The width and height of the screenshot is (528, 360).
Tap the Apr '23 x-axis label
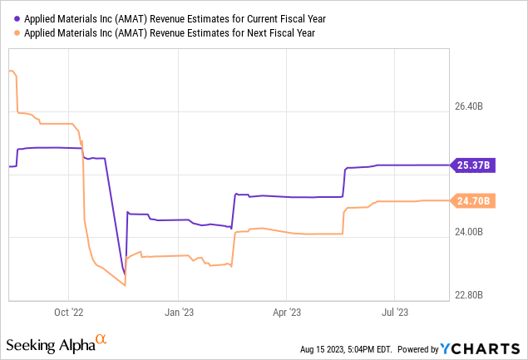(x=286, y=313)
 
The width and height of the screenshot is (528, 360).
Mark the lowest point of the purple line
(x=124, y=274)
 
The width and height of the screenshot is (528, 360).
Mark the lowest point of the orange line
(x=124, y=286)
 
